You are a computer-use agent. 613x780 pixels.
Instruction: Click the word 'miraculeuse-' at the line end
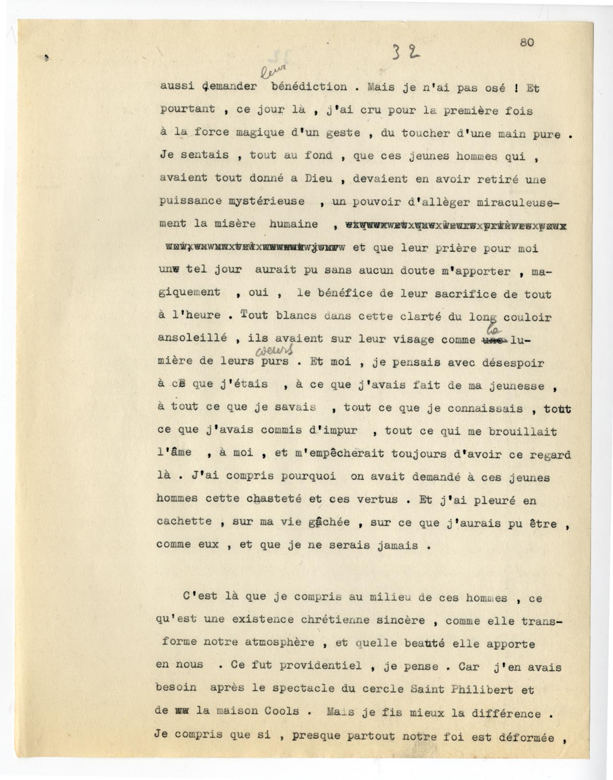pos(519,202)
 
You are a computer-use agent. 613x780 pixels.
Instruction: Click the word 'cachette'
pos(184,522)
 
